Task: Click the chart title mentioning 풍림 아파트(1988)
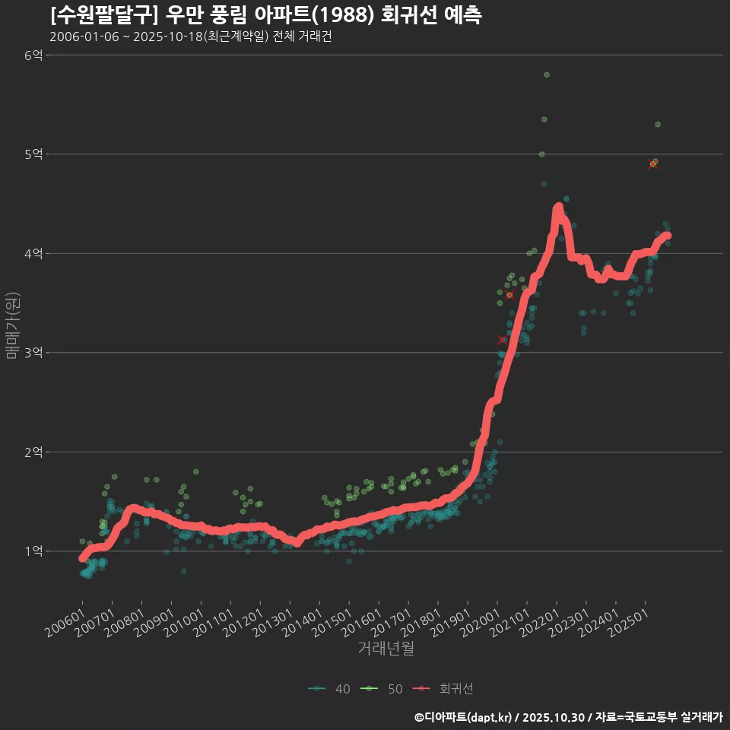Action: (265, 15)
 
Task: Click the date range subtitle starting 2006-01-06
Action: (190, 37)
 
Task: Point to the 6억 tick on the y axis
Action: (33, 55)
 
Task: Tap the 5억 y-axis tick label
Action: (33, 154)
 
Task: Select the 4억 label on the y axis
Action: (33, 253)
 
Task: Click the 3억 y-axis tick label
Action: (33, 353)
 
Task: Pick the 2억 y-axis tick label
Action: (33, 452)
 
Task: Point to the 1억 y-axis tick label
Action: (33, 551)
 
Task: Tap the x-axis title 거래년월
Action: (386, 649)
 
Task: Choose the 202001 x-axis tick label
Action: (484, 622)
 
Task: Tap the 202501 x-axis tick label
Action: (632, 622)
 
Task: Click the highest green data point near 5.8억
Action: (547, 75)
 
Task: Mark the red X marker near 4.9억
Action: (652, 164)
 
